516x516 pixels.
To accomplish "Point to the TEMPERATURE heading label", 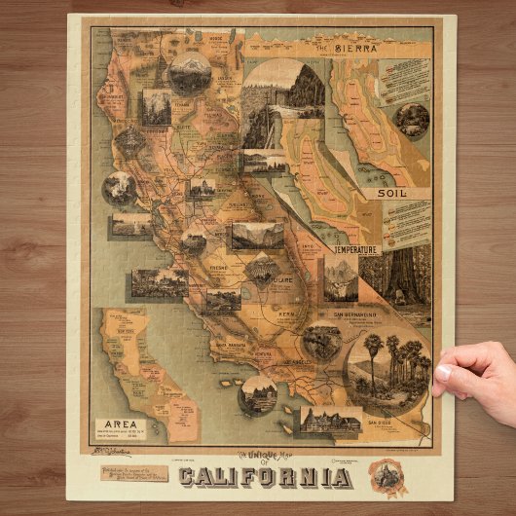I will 356,249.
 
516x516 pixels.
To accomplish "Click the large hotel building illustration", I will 331,421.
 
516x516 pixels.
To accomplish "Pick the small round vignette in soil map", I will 411,121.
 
